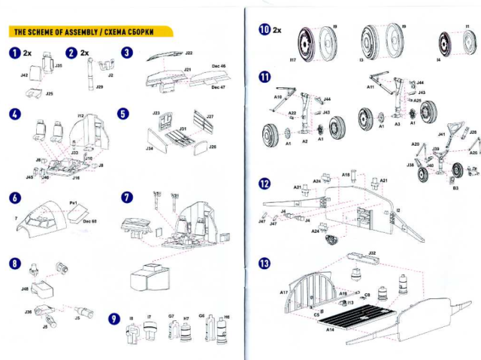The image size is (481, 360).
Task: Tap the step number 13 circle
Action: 263,264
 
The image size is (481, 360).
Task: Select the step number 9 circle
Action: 113,319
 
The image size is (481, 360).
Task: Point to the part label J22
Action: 189,54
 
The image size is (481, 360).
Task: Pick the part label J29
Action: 99,88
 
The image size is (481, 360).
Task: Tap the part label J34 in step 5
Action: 150,148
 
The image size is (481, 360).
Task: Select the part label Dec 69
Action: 89,221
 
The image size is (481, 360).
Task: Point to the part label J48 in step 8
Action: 25,288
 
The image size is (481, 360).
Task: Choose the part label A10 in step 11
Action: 277,97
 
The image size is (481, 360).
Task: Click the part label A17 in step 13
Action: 283,292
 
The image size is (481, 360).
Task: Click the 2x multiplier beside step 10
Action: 277,31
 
